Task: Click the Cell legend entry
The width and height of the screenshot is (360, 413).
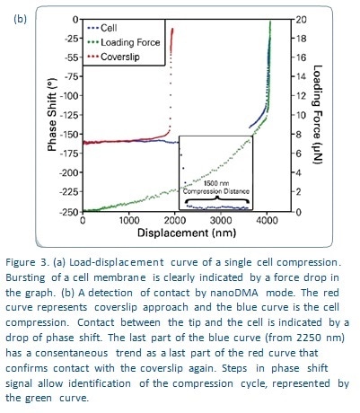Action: pyautogui.click(x=101, y=28)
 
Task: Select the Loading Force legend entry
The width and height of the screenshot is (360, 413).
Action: pyautogui.click(x=123, y=42)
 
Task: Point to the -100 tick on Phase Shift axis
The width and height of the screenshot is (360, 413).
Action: pyautogui.click(x=68, y=96)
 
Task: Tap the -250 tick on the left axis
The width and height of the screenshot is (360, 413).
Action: pyautogui.click(x=68, y=212)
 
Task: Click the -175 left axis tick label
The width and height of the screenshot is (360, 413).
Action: pyautogui.click(x=68, y=154)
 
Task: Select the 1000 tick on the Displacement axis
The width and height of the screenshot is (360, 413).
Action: pyautogui.click(x=129, y=221)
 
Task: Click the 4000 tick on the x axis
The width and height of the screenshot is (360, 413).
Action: pyautogui.click(x=267, y=221)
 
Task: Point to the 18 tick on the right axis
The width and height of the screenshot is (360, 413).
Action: pyautogui.click(x=301, y=39)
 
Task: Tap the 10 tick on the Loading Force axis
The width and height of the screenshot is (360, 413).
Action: pyautogui.click(x=301, y=115)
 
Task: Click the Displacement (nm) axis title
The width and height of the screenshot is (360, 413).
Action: pyautogui.click(x=187, y=233)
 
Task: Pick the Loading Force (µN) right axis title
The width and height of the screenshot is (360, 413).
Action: pyautogui.click(x=318, y=114)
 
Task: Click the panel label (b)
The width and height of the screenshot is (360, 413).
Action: pyautogui.click(x=20, y=19)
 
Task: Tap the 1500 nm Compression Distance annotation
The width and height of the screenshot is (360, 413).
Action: pyautogui.click(x=216, y=188)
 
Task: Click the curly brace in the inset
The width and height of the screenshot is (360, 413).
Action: pyautogui.click(x=216, y=199)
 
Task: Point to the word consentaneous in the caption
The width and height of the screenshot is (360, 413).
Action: pyautogui.click(x=72, y=353)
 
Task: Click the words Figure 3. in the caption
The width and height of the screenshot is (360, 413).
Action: pyautogui.click(x=27, y=262)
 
